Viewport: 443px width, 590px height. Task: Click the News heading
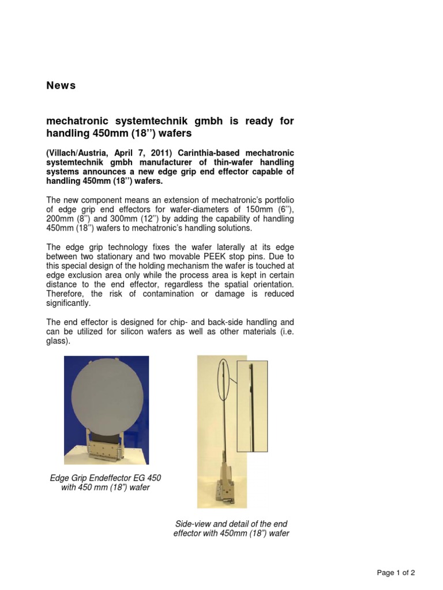[x=61, y=86]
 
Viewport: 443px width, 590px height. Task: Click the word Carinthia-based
[x=207, y=153]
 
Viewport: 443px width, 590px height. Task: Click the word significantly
[x=68, y=303]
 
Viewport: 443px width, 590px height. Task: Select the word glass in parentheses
[x=58, y=341]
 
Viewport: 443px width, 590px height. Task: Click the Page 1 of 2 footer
[x=395, y=572]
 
